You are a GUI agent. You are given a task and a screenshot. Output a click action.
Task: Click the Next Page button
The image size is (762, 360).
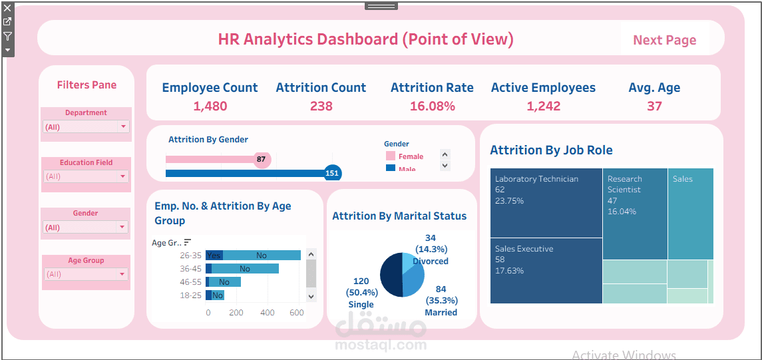click(x=664, y=40)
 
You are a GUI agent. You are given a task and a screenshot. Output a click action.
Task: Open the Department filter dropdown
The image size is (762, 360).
click(x=86, y=126)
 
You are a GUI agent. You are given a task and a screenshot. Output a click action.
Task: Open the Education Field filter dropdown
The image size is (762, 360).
click(x=86, y=176)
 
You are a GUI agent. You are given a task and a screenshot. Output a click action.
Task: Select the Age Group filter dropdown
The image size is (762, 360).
click(x=86, y=274)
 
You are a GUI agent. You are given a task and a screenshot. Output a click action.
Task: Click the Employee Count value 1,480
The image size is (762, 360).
click(x=210, y=106)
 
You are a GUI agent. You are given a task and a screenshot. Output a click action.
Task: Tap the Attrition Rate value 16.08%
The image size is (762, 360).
click(x=432, y=106)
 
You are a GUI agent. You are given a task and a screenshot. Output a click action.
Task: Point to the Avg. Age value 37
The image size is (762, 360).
click(x=654, y=106)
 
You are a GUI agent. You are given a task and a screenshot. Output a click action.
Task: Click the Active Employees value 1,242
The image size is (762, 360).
click(x=543, y=106)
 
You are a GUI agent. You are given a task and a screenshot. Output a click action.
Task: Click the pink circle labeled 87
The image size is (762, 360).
click(x=262, y=159)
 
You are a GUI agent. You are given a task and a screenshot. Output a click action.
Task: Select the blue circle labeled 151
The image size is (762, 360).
click(x=331, y=173)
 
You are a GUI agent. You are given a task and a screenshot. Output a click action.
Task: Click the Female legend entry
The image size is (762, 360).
click(x=410, y=156)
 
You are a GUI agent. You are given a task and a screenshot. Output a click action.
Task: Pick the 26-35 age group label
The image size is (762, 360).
click(x=190, y=256)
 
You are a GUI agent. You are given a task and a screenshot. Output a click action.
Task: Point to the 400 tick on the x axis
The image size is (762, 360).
click(x=267, y=313)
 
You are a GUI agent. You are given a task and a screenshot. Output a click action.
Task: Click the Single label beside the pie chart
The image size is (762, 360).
click(x=361, y=305)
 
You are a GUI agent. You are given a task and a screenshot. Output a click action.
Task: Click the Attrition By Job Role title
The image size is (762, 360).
click(x=551, y=150)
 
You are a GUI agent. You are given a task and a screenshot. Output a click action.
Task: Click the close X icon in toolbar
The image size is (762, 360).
click(x=7, y=8)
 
